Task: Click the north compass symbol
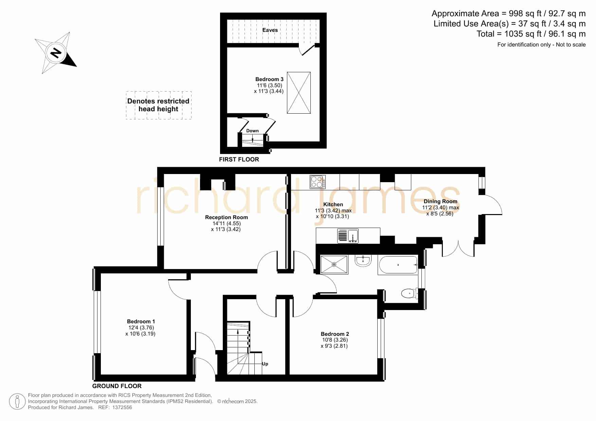pos(56,53)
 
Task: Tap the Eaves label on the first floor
pos(270,30)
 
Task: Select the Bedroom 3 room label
pos(269,79)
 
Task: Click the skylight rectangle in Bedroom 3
pos(299,93)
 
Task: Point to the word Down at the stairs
pos(252,131)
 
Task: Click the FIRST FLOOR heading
pos(239,159)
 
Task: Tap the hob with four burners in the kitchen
pos(318,181)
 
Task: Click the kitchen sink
pos(348,236)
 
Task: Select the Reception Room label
pos(227,217)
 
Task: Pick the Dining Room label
pos(440,202)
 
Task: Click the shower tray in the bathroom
pos(334,264)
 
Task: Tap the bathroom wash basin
pos(363,261)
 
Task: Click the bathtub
pos(398,265)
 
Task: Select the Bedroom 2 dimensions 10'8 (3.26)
pos(335,340)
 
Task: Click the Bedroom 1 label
pos(141,322)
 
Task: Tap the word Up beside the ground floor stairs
pos(265,364)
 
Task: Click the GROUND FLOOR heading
pos(117,386)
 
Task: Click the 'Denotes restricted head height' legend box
pos(158,105)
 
